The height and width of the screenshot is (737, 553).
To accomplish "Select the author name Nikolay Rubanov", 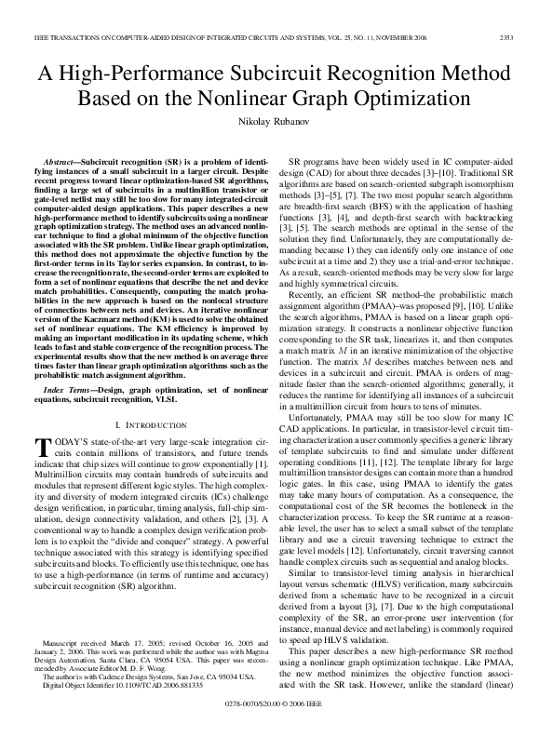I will pos(276,124).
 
